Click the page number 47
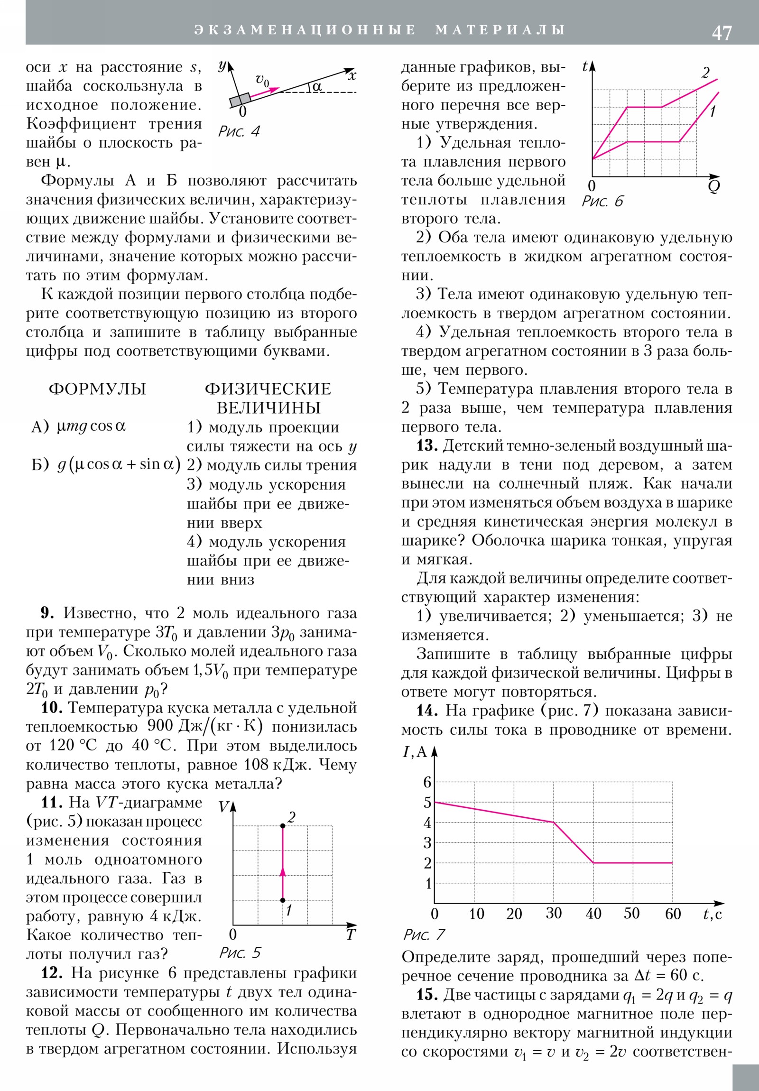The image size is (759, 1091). [x=722, y=33]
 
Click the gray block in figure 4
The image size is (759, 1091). [x=240, y=100]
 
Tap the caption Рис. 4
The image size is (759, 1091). [x=239, y=131]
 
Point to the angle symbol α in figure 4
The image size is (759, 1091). [x=317, y=86]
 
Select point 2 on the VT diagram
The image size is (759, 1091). [x=283, y=826]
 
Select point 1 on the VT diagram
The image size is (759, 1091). [x=283, y=900]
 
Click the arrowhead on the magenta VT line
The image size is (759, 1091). [x=283, y=871]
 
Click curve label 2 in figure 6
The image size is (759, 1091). [x=705, y=73]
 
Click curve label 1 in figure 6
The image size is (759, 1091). [x=713, y=111]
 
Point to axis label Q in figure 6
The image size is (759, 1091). [x=713, y=186]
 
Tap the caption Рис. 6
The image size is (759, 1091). [x=602, y=202]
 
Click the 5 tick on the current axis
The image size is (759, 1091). [x=427, y=803]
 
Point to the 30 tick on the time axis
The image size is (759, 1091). [x=554, y=913]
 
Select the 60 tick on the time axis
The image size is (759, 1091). [x=673, y=913]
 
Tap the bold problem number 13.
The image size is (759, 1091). [x=426, y=446]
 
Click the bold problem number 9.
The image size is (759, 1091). [x=47, y=613]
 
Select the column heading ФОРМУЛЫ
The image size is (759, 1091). [x=97, y=388]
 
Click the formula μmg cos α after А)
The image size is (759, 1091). [x=91, y=426]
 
